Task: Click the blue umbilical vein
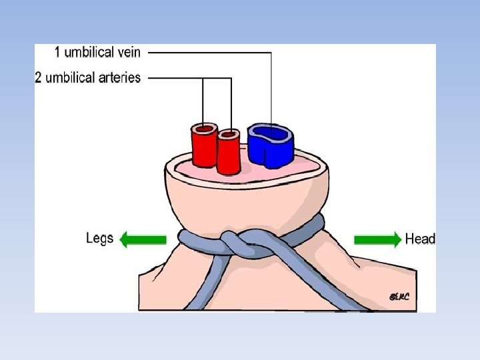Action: point(270,148)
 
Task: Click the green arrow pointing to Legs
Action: point(141,239)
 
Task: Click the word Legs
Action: point(100,238)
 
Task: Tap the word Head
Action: point(420,239)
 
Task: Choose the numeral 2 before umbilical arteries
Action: point(39,77)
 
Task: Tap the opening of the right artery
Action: point(229,135)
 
